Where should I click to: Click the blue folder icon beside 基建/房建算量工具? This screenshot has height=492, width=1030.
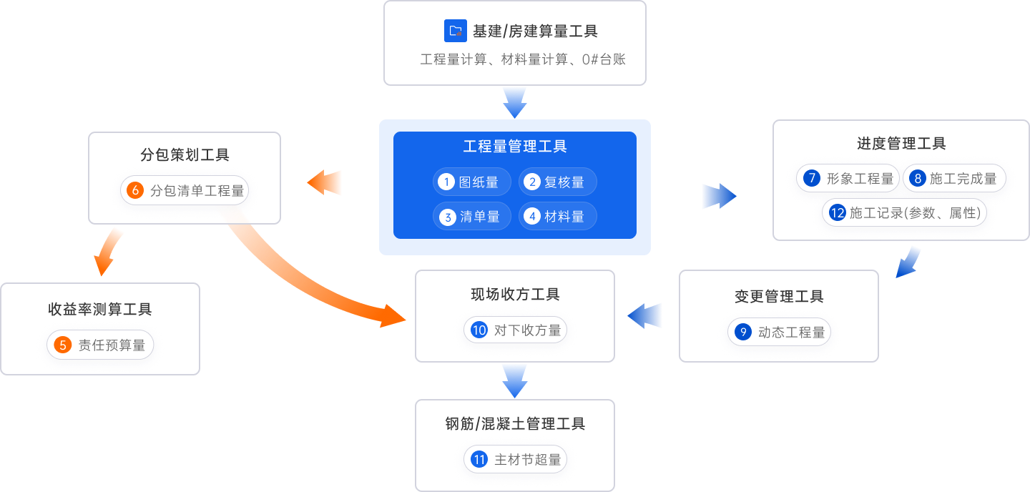[x=455, y=31]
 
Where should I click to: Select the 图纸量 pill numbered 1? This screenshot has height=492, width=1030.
[x=471, y=182]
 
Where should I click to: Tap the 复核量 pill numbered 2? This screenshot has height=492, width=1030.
[x=557, y=182]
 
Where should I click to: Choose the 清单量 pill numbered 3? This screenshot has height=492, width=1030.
[x=471, y=217]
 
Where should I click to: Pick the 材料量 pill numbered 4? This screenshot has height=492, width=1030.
[x=557, y=217]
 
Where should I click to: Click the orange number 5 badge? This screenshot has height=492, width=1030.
[x=63, y=345]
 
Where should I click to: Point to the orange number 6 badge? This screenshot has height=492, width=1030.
[x=134, y=191]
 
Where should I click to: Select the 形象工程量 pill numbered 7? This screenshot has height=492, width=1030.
[x=848, y=179]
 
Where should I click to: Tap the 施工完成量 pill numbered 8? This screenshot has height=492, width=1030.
[x=954, y=179]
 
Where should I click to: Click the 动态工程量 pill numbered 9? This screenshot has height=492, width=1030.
[x=779, y=333]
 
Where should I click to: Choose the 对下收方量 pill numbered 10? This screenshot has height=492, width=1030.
[x=515, y=330]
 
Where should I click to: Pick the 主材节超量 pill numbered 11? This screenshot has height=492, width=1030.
[x=515, y=460]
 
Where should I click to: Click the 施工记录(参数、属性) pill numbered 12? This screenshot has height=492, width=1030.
[x=904, y=213]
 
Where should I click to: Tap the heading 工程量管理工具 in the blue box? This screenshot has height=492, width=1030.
[x=515, y=147]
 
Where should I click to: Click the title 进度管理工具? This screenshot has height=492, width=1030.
[x=901, y=144]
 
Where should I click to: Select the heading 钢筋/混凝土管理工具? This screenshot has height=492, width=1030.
[x=515, y=424]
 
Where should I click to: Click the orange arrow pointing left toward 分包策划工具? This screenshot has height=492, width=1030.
[x=325, y=183]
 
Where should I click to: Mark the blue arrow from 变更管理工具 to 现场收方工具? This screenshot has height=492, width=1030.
[x=646, y=315]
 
